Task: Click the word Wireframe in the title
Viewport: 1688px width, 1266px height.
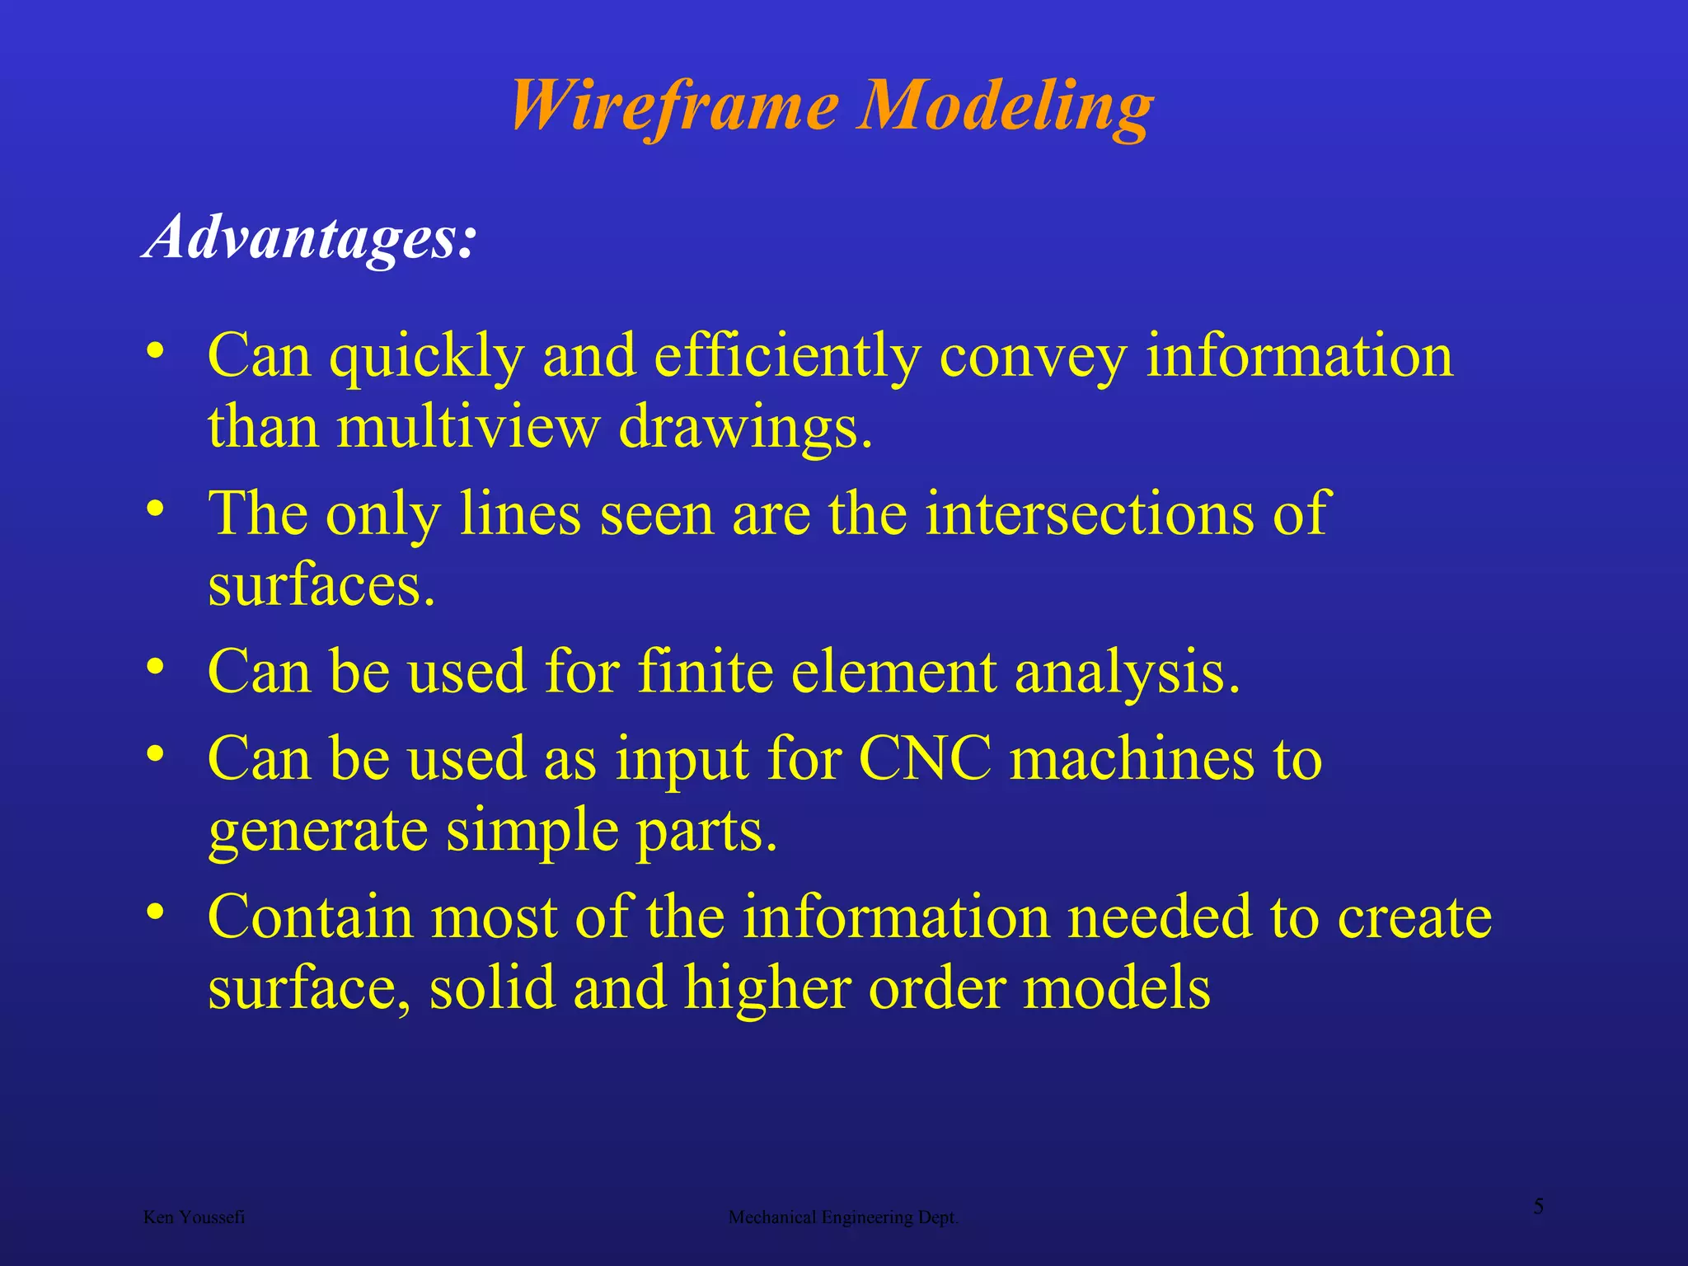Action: (x=674, y=107)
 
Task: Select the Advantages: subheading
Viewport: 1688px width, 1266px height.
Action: (x=310, y=237)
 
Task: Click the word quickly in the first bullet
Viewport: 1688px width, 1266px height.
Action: (x=427, y=358)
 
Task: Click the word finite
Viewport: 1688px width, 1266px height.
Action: (x=706, y=671)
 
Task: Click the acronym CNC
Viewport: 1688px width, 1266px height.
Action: (x=925, y=757)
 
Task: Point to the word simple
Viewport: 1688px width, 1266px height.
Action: (x=532, y=831)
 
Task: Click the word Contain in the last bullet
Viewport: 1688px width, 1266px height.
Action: (x=310, y=917)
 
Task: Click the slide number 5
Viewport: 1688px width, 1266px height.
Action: (x=1538, y=1207)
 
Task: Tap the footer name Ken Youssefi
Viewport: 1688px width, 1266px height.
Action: (x=194, y=1217)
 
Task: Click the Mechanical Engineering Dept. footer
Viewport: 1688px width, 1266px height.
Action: (x=843, y=1217)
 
